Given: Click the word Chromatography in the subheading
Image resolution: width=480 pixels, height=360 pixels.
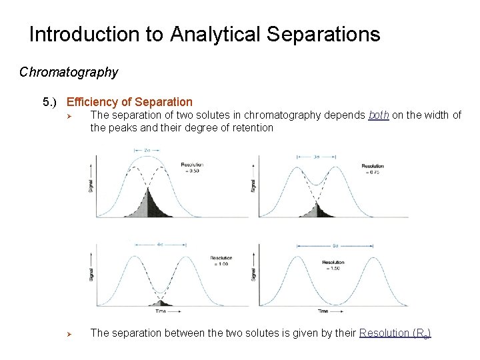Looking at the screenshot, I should pos(69,72).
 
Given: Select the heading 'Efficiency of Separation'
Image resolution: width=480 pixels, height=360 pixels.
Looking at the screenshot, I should pos(129,102).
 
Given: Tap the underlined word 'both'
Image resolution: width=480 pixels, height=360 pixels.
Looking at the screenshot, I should pos(379,115).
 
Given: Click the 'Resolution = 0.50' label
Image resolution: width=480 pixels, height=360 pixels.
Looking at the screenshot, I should pos(192,167).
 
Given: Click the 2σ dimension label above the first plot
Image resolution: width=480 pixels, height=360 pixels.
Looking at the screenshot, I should pos(146,151).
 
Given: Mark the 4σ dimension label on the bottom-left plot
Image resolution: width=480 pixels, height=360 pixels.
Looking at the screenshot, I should pos(160,244).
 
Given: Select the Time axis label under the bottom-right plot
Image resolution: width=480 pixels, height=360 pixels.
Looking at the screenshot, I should pos(323,311).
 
